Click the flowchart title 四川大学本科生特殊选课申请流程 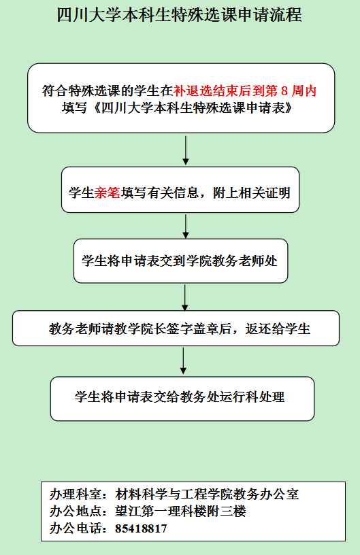pyautogui.click(x=180, y=15)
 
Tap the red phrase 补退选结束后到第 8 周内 pyautogui.click(x=244, y=91)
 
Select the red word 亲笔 pyautogui.click(x=108, y=193)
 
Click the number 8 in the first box pyautogui.click(x=284, y=91)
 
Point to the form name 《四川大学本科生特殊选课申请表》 pyautogui.click(x=193, y=108)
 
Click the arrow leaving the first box pyautogui.click(x=186, y=150)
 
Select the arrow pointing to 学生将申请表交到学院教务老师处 pyautogui.click(x=186, y=226)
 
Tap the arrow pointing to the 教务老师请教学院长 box pyautogui.click(x=185, y=297)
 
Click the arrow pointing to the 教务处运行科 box pyautogui.click(x=183, y=360)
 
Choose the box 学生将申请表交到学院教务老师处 pyautogui.click(x=180, y=261)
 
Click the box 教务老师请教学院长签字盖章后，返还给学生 pyautogui.click(x=176, y=329)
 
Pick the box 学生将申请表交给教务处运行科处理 pyautogui.click(x=182, y=399)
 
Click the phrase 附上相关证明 pyautogui.click(x=252, y=193)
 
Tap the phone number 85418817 pyautogui.click(x=141, y=528)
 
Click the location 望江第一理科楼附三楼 pyautogui.click(x=180, y=511)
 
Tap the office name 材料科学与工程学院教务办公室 pyautogui.click(x=207, y=494)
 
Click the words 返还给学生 pyautogui.click(x=278, y=329)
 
